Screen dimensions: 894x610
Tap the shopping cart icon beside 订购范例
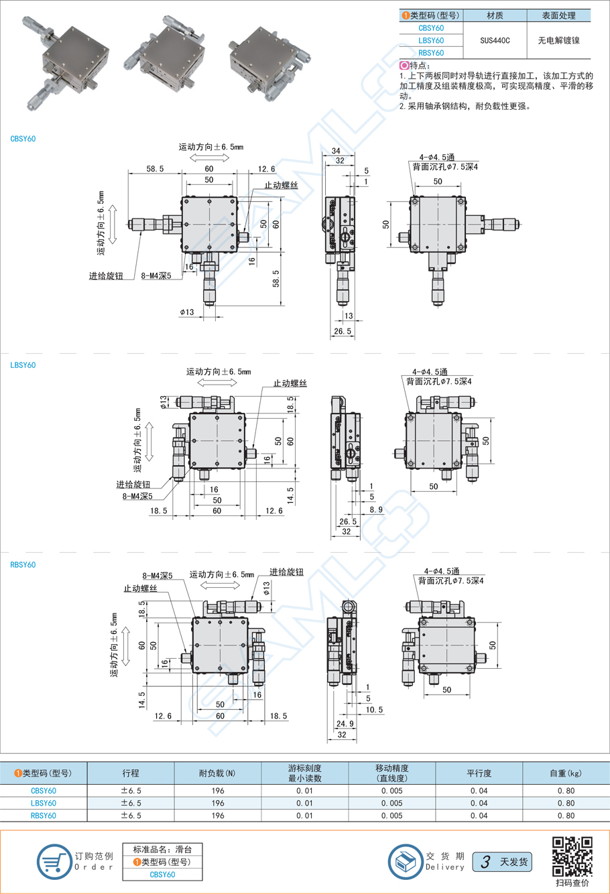click(x=54, y=861)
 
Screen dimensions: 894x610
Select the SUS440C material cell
click(x=495, y=40)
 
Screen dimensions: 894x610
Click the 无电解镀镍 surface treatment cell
click(x=558, y=40)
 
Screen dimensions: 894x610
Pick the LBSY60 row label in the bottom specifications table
click(x=44, y=803)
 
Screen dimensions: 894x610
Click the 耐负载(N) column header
click(x=217, y=773)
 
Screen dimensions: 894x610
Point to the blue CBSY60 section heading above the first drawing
click(x=23, y=139)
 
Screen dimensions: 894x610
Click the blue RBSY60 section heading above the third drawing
click(x=23, y=564)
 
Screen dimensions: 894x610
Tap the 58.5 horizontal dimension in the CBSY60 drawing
click(x=155, y=170)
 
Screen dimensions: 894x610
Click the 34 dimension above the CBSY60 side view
click(x=336, y=151)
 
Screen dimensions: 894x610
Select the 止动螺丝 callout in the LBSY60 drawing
click(x=290, y=383)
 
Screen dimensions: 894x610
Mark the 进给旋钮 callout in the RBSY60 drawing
click(x=286, y=572)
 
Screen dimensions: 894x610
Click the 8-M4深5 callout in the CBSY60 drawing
click(x=156, y=275)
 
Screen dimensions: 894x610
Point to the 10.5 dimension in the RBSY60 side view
click(x=375, y=710)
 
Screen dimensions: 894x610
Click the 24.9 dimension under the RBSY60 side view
click(x=345, y=724)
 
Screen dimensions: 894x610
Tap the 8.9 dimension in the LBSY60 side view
click(x=376, y=510)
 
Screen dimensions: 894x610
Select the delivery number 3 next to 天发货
click(x=485, y=862)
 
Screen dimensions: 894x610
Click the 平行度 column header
click(x=479, y=773)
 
